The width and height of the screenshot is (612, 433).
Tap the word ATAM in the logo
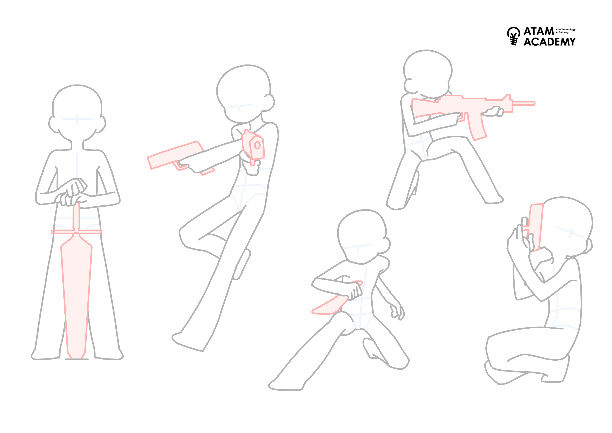coord(539,31)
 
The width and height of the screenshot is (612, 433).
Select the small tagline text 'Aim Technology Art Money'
coord(565,31)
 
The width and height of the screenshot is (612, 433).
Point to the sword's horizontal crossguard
coord(76,232)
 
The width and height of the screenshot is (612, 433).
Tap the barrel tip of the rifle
coord(534,103)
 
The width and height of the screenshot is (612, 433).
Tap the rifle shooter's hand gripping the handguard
coord(493,111)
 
